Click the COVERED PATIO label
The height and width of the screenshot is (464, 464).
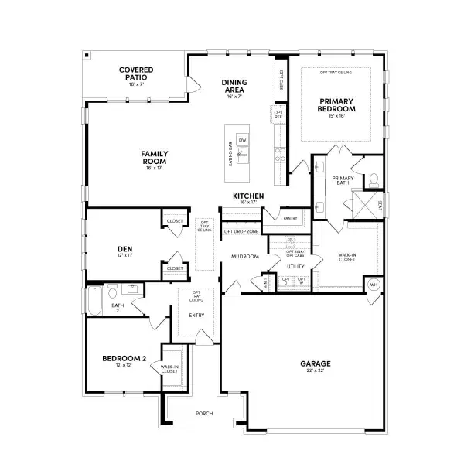135,74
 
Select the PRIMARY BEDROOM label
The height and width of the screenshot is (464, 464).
336,105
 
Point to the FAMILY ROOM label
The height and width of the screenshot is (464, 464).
155,157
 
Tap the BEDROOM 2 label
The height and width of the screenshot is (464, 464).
125,359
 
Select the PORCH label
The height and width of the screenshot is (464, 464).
204,414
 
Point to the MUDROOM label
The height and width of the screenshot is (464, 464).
244,256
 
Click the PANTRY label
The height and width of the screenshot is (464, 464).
290,218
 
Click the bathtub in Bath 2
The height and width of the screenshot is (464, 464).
94,301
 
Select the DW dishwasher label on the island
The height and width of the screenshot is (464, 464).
242,140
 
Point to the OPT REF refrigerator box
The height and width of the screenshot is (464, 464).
278,114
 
